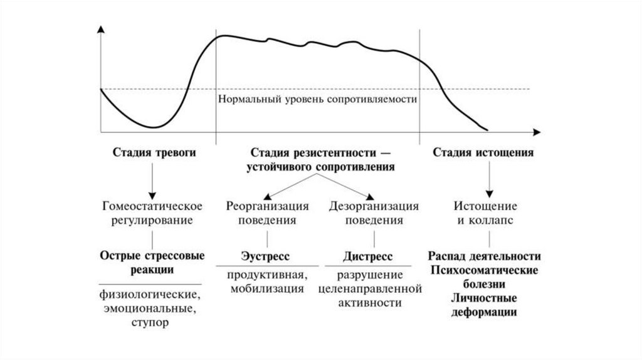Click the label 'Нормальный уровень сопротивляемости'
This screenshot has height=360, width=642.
pyautogui.click(x=318, y=99)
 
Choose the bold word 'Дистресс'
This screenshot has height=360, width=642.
pyautogui.click(x=368, y=257)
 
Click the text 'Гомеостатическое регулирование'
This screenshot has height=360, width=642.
pyautogui.click(x=150, y=213)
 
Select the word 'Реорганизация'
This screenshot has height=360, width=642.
pyautogui.click(x=267, y=206)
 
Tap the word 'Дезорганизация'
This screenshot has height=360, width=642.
pyautogui.click(x=374, y=206)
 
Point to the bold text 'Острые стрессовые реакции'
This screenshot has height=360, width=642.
pyautogui.click(x=150, y=263)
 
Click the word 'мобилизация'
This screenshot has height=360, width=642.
pyautogui.click(x=267, y=289)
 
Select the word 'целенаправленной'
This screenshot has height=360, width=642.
pyautogui.click(x=368, y=289)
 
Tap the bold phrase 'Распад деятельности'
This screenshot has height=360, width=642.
pyautogui.click(x=485, y=257)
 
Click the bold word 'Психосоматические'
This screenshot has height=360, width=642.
pyautogui.click(x=485, y=270)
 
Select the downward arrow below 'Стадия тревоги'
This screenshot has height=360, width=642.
pyautogui.click(x=150, y=182)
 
